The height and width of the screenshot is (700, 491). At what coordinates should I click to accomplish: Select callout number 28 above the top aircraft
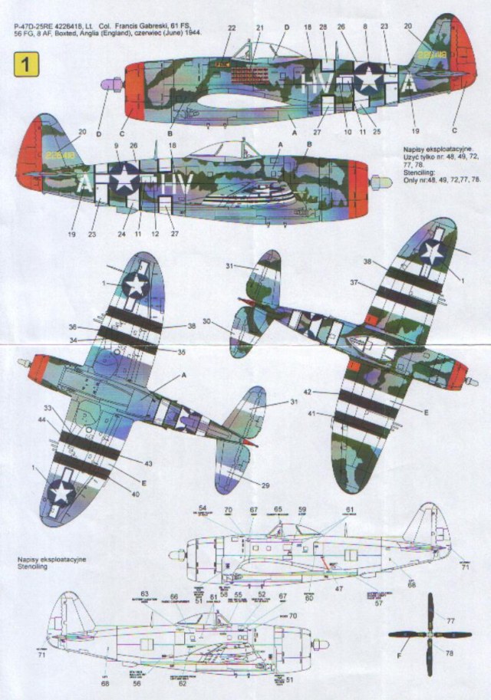[x=323, y=28]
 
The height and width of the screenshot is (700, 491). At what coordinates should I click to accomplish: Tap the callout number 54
[x=203, y=509]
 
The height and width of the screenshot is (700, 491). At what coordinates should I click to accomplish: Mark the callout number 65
[x=278, y=509]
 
